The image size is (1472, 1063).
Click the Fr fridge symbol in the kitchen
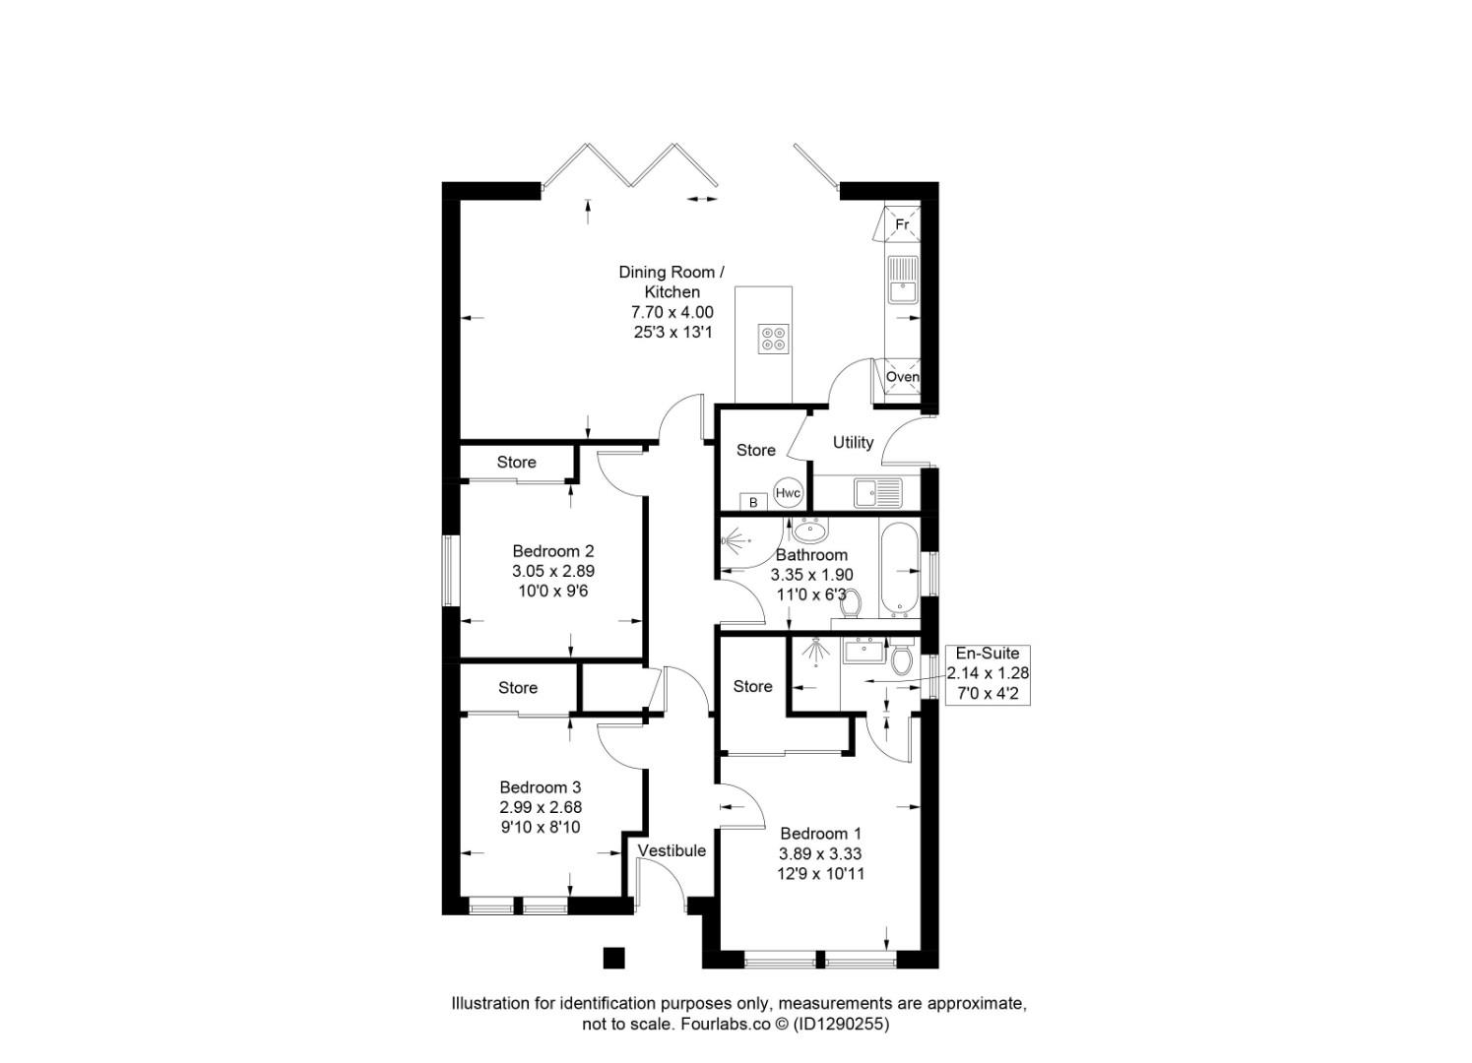click(x=901, y=224)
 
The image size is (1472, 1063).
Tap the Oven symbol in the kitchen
click(x=902, y=377)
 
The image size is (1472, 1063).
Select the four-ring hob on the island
click(x=772, y=338)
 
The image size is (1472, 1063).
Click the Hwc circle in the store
click(x=788, y=493)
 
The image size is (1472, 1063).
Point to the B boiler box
click(x=753, y=502)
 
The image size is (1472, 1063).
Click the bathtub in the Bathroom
click(x=898, y=570)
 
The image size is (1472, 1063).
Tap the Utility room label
click(x=853, y=442)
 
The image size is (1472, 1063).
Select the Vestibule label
click(x=672, y=850)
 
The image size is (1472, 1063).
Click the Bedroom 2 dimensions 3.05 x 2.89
click(x=552, y=571)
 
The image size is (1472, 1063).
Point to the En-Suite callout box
click(x=988, y=673)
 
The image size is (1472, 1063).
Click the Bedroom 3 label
click(x=540, y=787)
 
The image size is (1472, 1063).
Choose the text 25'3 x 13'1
click(x=672, y=333)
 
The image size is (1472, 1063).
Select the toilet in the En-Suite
click(x=901, y=659)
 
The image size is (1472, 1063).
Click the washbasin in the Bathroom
click(x=810, y=531)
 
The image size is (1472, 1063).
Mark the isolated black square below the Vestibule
click(x=613, y=958)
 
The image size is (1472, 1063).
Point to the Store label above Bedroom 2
click(x=516, y=462)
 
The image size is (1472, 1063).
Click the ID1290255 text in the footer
click(x=842, y=1024)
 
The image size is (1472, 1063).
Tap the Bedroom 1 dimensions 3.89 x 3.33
click(x=821, y=853)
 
